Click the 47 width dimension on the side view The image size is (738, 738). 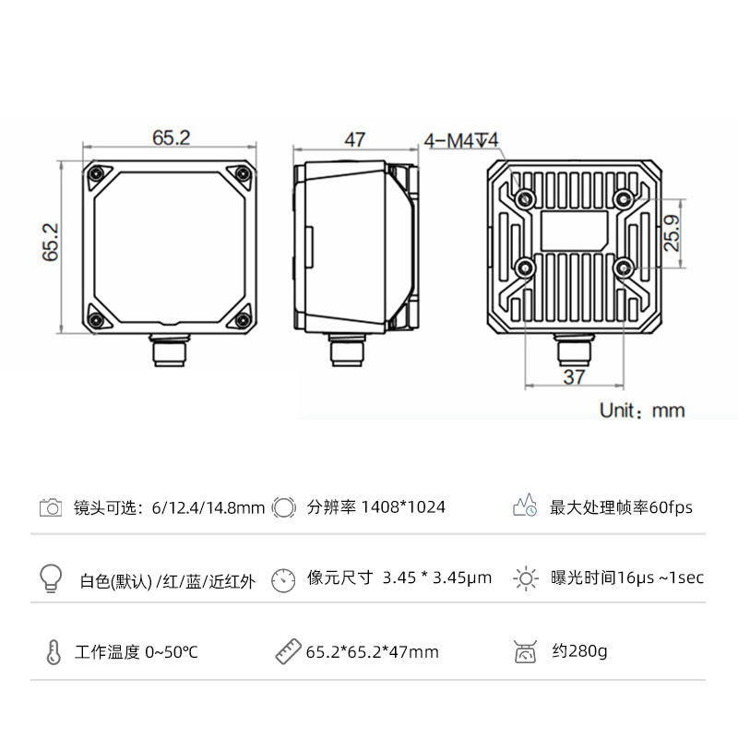[355, 140]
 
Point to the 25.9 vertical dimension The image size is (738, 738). [673, 233]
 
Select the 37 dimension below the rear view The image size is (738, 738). [574, 377]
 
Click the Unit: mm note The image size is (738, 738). [642, 411]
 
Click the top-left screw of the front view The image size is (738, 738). [98, 173]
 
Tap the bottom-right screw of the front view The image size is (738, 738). [243, 320]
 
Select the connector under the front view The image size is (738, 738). [170, 350]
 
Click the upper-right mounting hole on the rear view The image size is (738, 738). [624, 199]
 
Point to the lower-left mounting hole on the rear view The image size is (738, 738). [525, 268]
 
